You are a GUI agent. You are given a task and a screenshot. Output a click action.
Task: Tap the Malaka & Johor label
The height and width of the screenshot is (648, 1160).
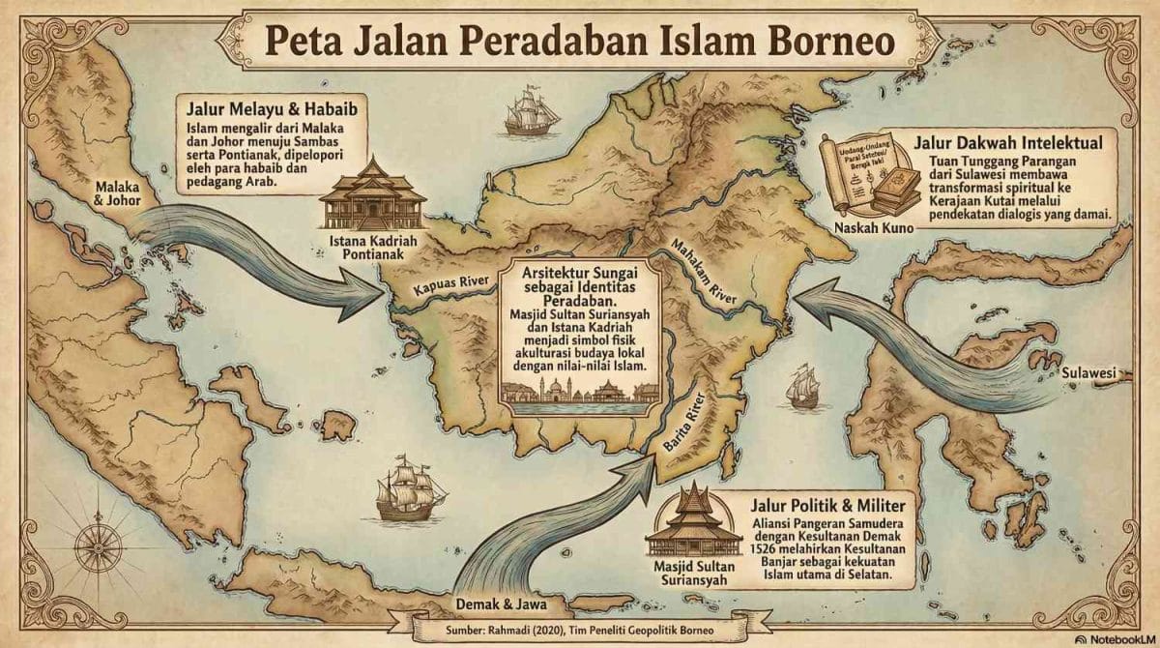[x=116, y=194]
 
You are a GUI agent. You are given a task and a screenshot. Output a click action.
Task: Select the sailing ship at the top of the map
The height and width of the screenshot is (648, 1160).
[x=531, y=111]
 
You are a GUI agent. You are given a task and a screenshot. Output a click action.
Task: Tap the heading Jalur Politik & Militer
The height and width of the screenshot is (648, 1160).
[x=827, y=506]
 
